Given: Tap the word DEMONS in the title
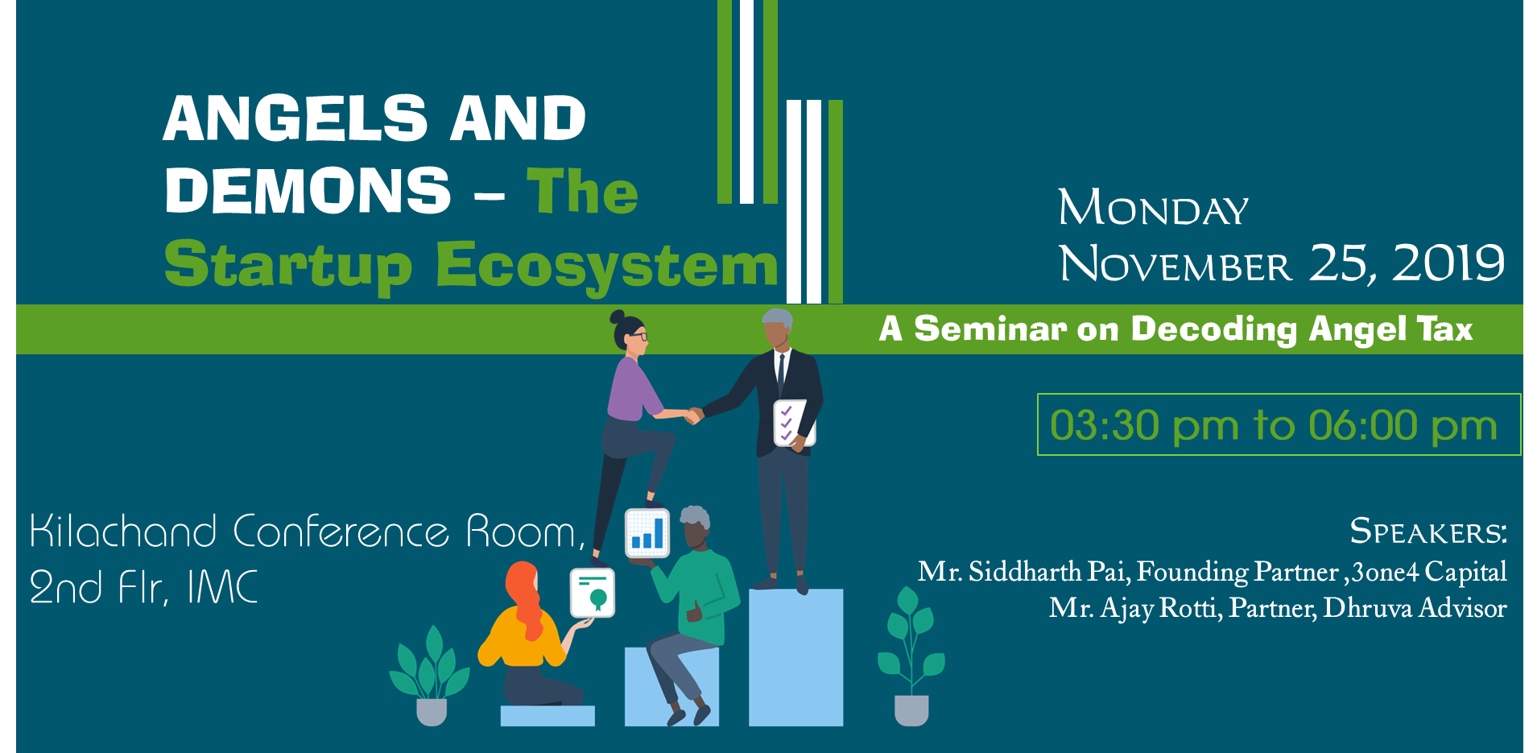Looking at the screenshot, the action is (308, 191).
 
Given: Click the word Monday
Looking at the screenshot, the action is (1153, 208).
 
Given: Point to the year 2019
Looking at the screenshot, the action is (1448, 263).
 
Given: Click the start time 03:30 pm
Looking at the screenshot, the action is (1144, 426).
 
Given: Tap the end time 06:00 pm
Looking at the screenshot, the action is (1403, 426).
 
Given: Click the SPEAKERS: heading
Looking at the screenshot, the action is (1428, 532).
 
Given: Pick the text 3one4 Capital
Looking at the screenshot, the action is (1429, 573).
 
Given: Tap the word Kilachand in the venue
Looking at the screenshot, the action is (123, 532).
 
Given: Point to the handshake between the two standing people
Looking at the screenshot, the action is (693, 416).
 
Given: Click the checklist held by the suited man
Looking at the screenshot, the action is (792, 423).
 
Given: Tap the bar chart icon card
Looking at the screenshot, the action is (647, 533).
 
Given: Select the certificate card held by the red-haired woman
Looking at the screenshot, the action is (593, 593).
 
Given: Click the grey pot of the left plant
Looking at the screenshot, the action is (432, 712).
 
